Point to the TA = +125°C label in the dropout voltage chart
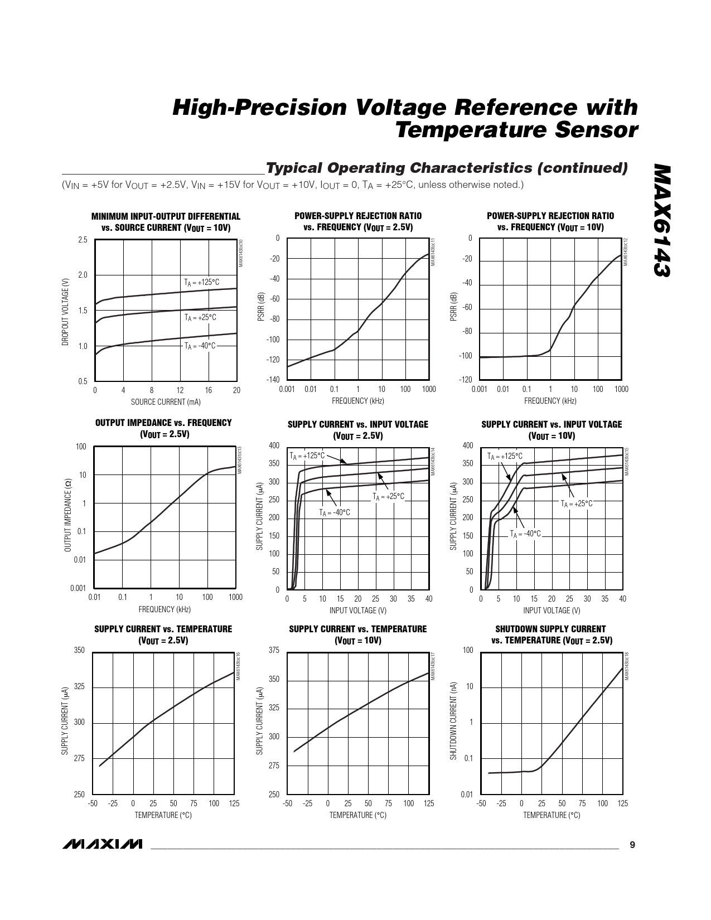[202, 283]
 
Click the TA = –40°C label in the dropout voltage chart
[200, 346]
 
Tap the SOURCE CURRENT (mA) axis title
[166, 401]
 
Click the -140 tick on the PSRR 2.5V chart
[273, 380]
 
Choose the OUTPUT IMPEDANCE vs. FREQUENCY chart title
[163, 428]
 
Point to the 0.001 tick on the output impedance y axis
[78, 588]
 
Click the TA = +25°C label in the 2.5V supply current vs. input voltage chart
[388, 496]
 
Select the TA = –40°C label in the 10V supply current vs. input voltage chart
[525, 534]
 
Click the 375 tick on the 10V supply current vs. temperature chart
[274, 651]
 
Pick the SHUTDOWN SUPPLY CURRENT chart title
[551, 635]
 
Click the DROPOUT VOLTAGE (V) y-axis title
[66, 311]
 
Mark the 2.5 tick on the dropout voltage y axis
[83, 240]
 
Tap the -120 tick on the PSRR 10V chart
[465, 380]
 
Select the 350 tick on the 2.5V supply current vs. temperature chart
[79, 651]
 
